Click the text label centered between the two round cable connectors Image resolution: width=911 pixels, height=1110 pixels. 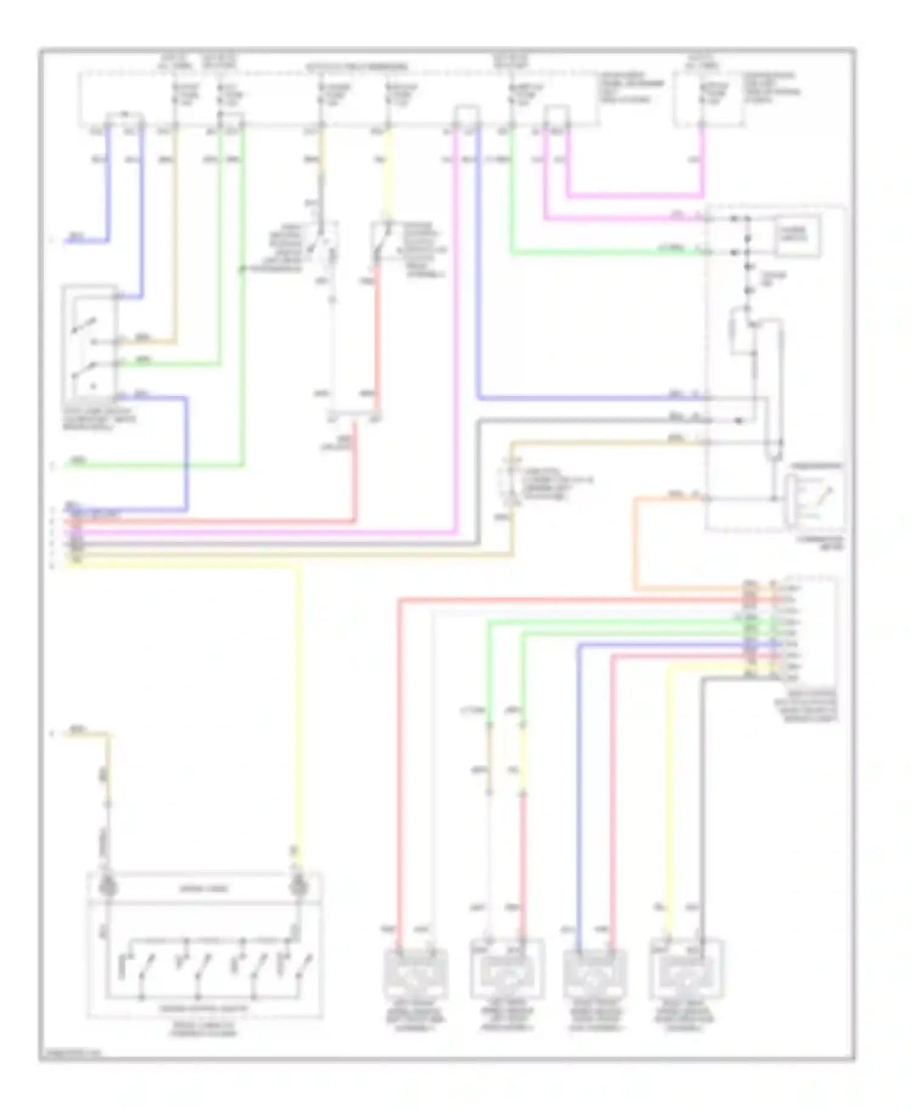tap(203, 888)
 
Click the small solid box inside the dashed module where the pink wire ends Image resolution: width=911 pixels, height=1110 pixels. tap(798, 234)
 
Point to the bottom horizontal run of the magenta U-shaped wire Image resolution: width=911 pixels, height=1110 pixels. tap(635, 196)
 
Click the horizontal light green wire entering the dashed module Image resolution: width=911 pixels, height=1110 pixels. tap(607, 252)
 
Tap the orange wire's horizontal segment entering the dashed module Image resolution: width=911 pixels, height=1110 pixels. tap(668, 499)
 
